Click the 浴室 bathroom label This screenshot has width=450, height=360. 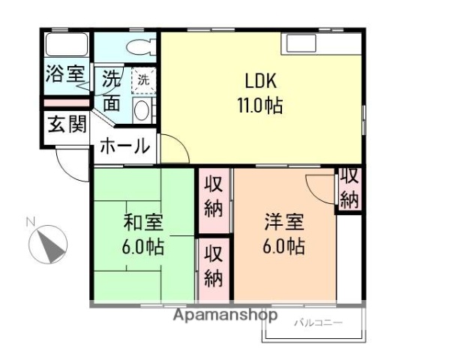(64, 74)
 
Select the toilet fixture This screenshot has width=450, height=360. (140, 46)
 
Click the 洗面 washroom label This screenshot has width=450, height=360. (111, 90)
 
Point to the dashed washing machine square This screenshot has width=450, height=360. (142, 79)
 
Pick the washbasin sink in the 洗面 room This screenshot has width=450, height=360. (142, 110)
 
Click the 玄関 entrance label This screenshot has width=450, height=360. (66, 124)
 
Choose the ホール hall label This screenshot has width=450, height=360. (124, 146)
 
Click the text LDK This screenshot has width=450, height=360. (261, 79)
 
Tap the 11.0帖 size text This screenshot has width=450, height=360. (261, 105)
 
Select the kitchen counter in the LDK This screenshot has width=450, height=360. (322, 43)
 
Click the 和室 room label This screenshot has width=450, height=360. (142, 223)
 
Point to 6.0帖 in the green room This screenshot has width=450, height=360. (142, 247)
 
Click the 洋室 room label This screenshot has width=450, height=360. (283, 222)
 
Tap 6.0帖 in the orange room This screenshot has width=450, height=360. (283, 247)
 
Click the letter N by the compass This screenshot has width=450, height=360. (31, 221)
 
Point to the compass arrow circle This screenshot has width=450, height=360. (49, 244)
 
